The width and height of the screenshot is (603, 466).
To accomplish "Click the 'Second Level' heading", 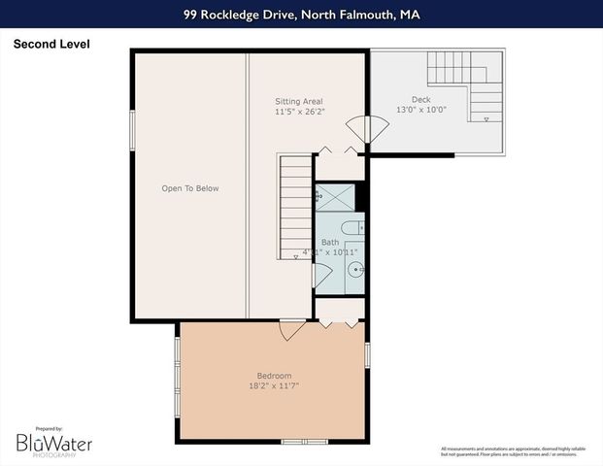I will pyautogui.click(x=50, y=44).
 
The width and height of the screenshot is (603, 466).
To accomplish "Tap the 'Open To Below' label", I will pyautogui.click(x=190, y=188).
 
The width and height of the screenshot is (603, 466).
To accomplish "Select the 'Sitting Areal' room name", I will pyautogui.click(x=299, y=101).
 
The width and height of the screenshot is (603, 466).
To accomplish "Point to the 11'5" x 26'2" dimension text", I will pyautogui.click(x=299, y=112).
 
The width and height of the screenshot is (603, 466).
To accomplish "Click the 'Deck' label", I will pyautogui.click(x=420, y=99).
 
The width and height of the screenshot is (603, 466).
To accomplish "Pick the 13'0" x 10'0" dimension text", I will pyautogui.click(x=420, y=110).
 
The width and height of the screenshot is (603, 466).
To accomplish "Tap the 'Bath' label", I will pyautogui.click(x=330, y=243).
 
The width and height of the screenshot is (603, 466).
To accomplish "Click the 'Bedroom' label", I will pyautogui.click(x=274, y=376).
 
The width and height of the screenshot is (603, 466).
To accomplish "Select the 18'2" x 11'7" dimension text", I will pyautogui.click(x=274, y=386).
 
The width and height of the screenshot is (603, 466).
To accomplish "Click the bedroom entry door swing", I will pyautogui.click(x=290, y=330).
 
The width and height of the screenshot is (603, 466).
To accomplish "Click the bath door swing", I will pyautogui.click(x=320, y=275).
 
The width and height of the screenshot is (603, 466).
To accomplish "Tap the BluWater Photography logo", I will pyautogui.click(x=53, y=444).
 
